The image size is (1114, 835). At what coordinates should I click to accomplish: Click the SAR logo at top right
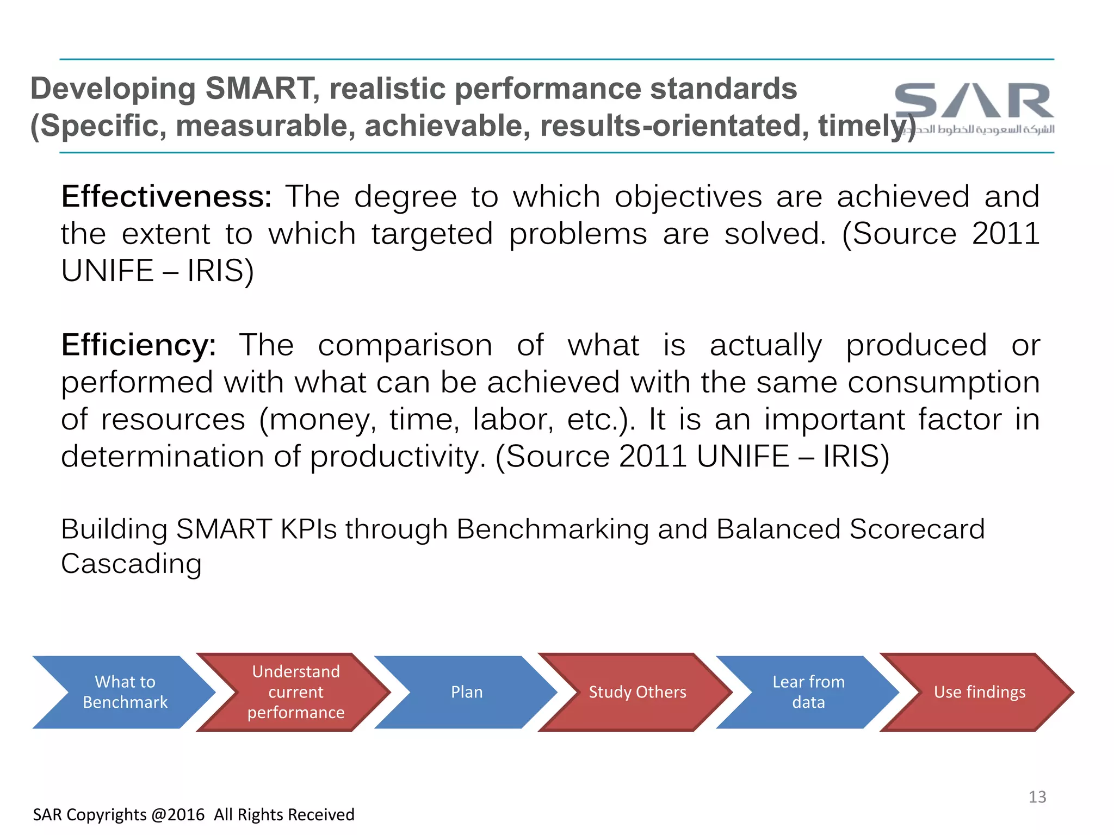(974, 101)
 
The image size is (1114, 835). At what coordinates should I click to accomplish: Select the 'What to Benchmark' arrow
(125, 692)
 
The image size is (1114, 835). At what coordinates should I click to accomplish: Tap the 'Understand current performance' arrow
(295, 692)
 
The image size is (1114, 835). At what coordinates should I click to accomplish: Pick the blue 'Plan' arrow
(467, 692)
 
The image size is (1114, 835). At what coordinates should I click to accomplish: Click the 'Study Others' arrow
(637, 692)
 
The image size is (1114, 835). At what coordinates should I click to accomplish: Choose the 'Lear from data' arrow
(808, 692)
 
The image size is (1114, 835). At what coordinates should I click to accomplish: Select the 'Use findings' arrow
(979, 692)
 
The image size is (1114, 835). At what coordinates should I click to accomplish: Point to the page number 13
(1037, 797)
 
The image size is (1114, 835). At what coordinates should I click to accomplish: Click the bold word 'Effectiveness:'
(166, 196)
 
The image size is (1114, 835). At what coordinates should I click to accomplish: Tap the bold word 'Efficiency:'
(138, 345)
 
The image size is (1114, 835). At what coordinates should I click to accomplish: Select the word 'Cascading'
(131, 564)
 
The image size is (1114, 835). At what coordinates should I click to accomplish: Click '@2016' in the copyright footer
(178, 814)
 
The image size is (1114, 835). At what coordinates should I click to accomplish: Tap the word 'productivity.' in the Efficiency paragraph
(398, 457)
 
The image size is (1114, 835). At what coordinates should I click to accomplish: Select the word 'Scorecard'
(917, 529)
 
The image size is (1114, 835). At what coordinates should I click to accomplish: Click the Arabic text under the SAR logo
(985, 129)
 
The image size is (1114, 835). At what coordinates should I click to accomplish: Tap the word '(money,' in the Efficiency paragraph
(317, 420)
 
